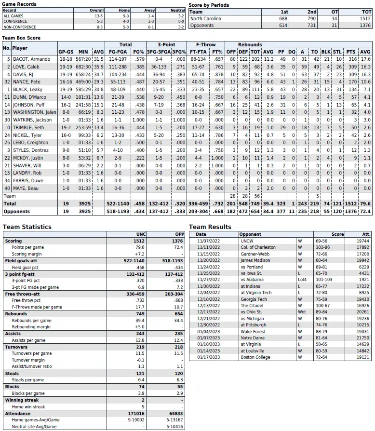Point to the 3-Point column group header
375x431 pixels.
(x=166, y=44)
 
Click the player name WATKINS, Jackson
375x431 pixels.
(x=32, y=120)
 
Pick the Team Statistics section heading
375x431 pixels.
(x=27, y=227)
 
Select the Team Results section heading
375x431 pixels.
(x=210, y=227)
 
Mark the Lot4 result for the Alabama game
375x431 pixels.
(x=303, y=280)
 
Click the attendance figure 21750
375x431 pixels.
(x=362, y=338)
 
